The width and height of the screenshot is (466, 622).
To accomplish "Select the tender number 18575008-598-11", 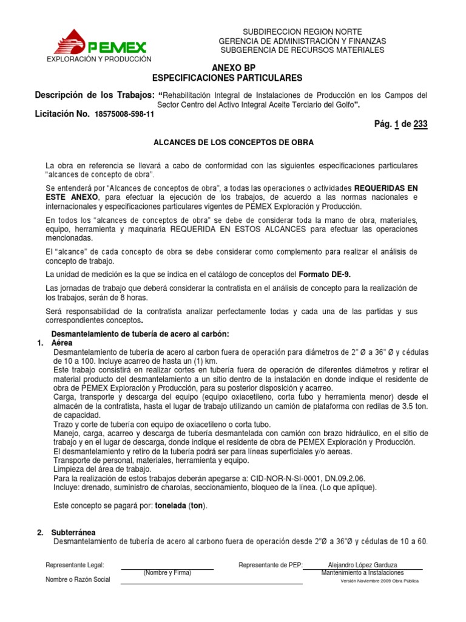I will pos(124,114).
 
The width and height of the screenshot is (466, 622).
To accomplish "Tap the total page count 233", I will pos(420,125).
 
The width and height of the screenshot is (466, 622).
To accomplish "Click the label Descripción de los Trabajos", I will pos(94,95).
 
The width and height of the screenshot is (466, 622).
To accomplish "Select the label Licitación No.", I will pos(63,114).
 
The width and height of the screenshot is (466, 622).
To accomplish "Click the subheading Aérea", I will pos(62,343).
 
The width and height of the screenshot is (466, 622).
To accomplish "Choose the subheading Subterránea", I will pos(73,533).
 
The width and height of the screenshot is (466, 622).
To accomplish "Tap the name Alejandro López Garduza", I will pos(362,565).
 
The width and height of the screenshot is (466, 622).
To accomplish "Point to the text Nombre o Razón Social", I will pos(78,579).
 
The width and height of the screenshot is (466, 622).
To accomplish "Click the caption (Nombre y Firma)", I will pos(167,573).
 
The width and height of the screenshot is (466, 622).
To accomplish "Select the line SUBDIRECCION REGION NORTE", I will pos(302,32).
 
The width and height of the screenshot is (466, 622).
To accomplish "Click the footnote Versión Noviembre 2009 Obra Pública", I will pos(379,581).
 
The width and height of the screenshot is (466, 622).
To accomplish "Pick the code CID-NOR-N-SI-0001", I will pos(259,479).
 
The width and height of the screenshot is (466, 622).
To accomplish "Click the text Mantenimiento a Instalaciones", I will pos(362,573).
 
